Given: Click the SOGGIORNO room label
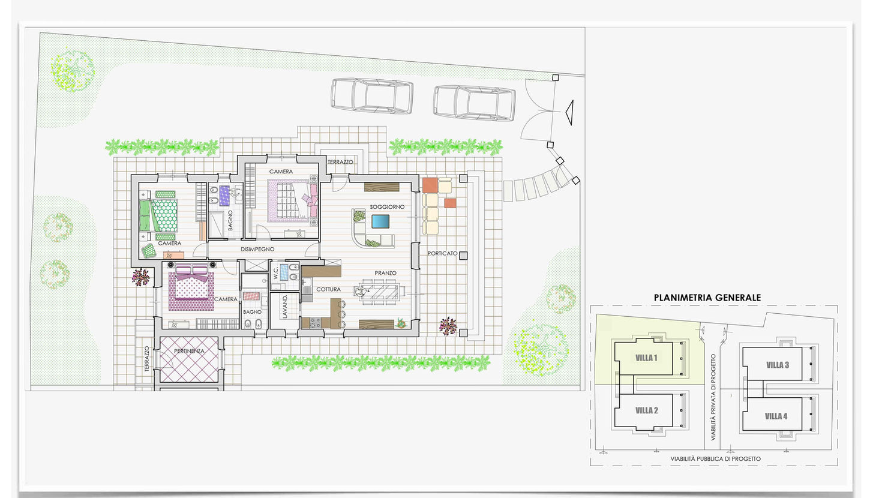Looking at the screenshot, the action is [387, 207].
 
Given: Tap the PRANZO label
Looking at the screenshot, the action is [385, 273].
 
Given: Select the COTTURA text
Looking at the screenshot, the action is [328, 289].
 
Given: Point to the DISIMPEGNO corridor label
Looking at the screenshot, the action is [257, 249].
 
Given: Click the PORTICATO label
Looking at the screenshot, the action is [442, 253].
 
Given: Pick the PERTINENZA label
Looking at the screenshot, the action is [189, 351].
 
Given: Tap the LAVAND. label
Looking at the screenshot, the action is [285, 307].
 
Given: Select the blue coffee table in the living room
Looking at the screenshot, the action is [380, 221].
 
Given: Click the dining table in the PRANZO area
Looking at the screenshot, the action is [380, 292].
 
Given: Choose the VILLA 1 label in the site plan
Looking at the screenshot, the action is [646, 358].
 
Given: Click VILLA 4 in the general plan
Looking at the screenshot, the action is [776, 416].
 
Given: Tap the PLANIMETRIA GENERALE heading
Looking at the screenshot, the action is [707, 298].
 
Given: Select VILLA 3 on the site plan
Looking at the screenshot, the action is [778, 365].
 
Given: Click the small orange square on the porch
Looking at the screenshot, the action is [450, 203].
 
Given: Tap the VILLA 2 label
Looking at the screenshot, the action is [647, 410].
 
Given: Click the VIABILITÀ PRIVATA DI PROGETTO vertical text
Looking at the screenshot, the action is [713, 397].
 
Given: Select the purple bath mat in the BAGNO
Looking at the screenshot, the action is [224, 196].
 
